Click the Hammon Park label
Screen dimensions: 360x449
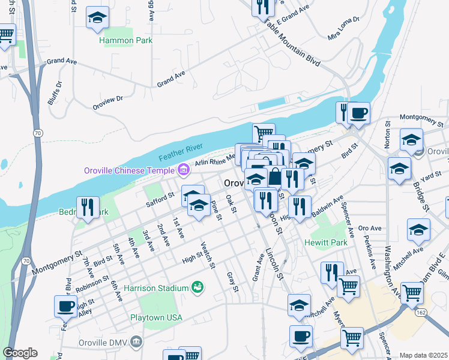tap(126, 40)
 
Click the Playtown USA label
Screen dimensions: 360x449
tap(156, 317)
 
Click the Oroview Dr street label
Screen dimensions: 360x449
tap(108, 103)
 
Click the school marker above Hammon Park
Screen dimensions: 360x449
tap(97, 17)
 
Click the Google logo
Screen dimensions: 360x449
tap(20, 353)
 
